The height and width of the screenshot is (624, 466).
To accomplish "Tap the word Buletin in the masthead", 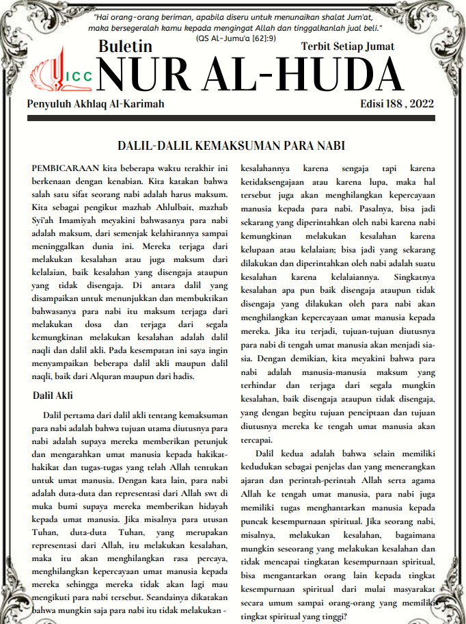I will pyautogui.click(x=125, y=47).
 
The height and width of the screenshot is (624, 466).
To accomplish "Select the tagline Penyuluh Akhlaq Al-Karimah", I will pyautogui.click(x=96, y=104).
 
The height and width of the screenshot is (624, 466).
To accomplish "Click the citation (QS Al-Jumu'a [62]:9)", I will pyautogui.click(x=236, y=38).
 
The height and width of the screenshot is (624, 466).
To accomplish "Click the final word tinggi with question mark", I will pyautogui.click(x=335, y=615).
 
